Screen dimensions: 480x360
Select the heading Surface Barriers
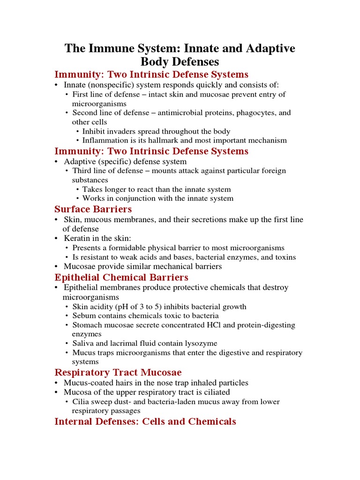coord(93,209)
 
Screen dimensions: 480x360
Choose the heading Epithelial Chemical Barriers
coord(121,277)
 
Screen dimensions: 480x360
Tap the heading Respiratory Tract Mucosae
coord(118,373)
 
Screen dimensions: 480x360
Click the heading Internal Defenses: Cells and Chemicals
coord(145,421)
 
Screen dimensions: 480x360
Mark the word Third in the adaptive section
coord(82,171)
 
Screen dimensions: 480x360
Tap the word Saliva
coord(83,344)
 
